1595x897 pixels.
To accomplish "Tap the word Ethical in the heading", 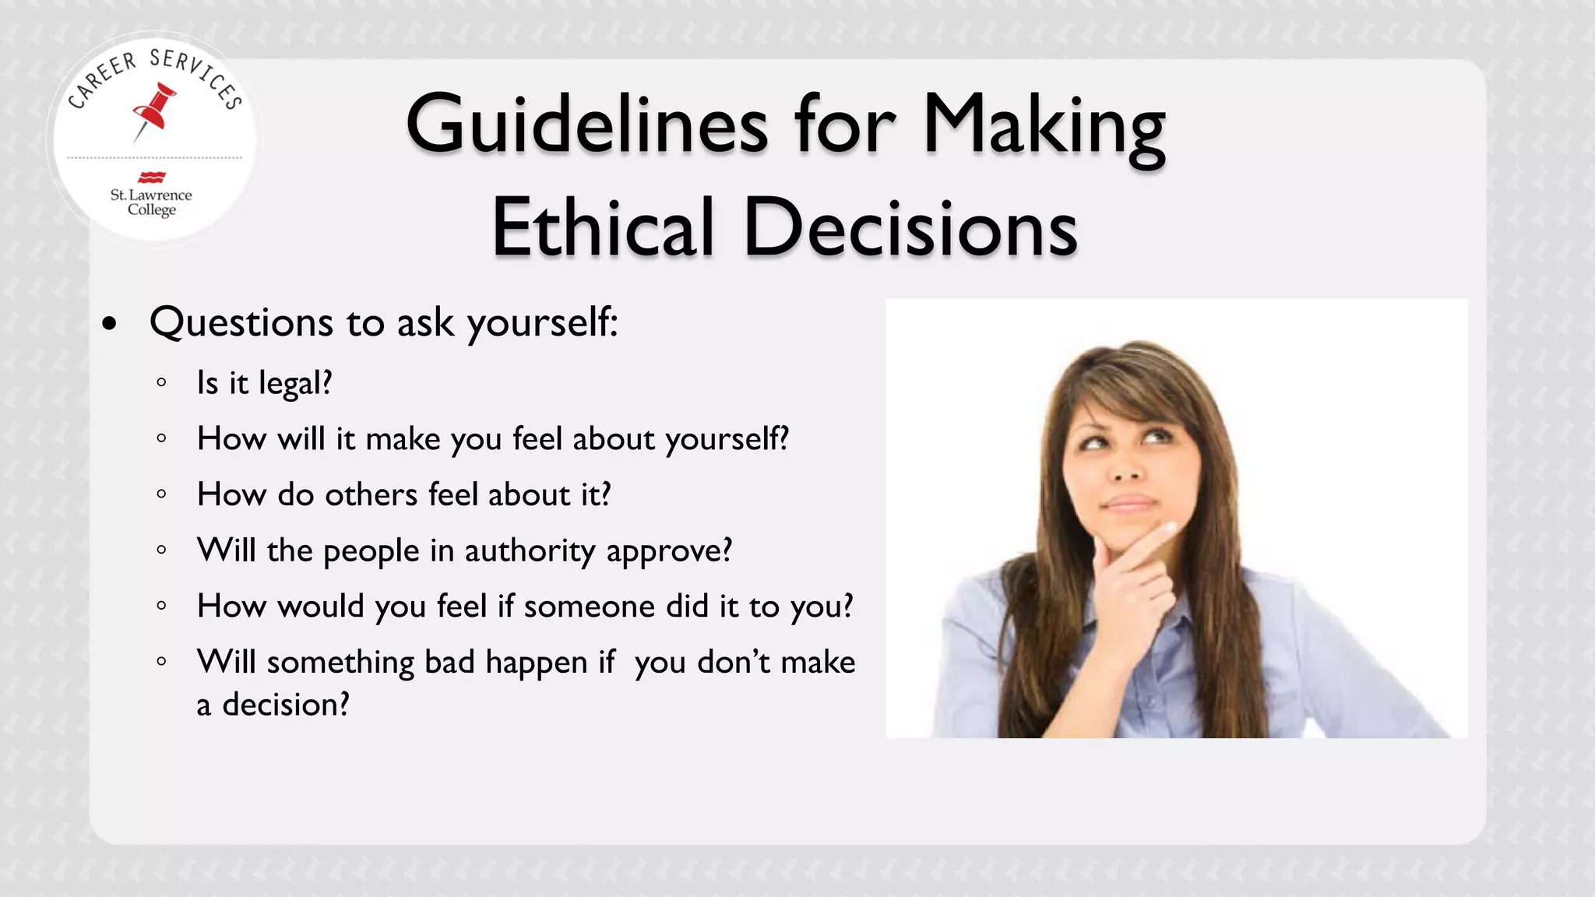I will [603, 227].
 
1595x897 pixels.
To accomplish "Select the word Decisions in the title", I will [910, 227].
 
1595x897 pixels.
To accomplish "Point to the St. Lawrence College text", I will [151, 202].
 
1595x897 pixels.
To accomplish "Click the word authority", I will [530, 551].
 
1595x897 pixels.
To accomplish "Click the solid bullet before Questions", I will [110, 323].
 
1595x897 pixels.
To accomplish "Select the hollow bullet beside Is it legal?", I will [161, 382].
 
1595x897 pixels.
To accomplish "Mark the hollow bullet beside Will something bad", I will [161, 662].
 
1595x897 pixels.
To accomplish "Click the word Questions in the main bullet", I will [241, 322].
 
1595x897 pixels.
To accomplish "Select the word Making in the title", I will [1044, 125].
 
